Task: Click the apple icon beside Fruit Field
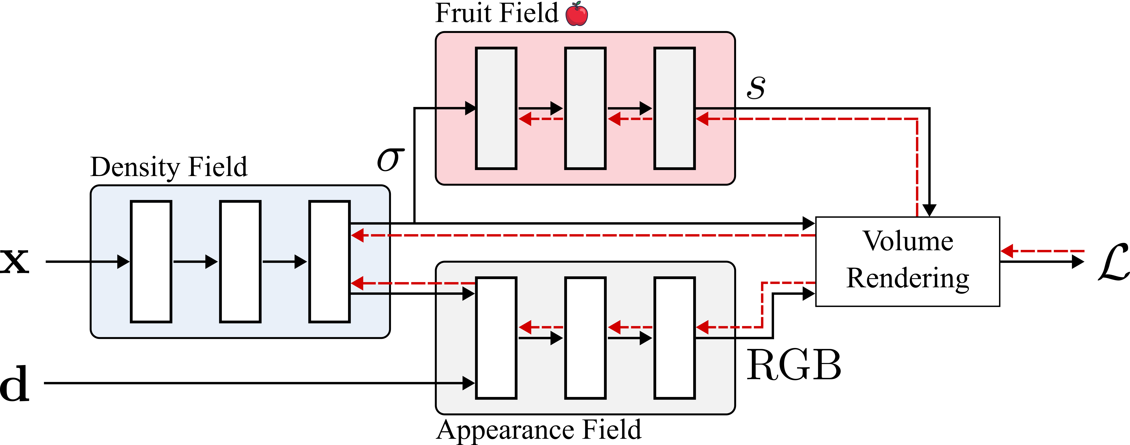click(576, 14)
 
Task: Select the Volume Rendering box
click(907, 261)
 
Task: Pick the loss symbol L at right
click(1113, 262)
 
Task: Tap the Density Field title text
click(169, 167)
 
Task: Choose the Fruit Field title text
click(497, 13)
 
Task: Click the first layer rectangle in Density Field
click(151, 261)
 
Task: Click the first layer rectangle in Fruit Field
click(496, 108)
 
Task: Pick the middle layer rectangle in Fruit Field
click(585, 108)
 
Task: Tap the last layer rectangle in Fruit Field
click(674, 108)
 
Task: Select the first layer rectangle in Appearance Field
click(496, 338)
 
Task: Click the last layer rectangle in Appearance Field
click(674, 338)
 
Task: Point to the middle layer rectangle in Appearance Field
click(585, 338)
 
